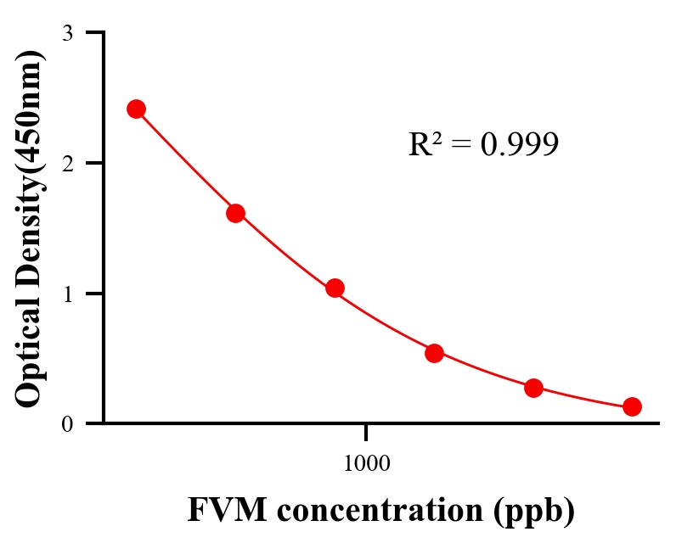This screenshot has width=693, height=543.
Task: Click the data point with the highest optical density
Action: click(136, 109)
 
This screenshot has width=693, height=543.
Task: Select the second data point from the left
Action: click(235, 213)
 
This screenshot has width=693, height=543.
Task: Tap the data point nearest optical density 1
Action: click(335, 288)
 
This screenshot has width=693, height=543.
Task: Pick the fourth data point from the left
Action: click(434, 353)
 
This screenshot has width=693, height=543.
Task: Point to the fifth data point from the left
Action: click(533, 388)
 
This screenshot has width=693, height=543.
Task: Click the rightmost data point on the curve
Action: click(632, 406)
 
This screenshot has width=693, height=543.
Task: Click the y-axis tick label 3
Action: click(69, 33)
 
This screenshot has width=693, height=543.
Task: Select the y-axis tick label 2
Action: click(69, 163)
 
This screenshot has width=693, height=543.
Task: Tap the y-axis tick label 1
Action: click(69, 294)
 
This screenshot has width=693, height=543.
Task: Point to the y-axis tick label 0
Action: click(69, 423)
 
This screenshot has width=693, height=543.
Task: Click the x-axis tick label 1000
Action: click(367, 463)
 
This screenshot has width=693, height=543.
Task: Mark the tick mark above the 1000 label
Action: click(367, 432)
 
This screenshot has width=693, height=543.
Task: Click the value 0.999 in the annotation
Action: click(519, 145)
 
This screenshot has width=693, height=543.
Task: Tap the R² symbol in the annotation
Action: click(424, 144)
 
